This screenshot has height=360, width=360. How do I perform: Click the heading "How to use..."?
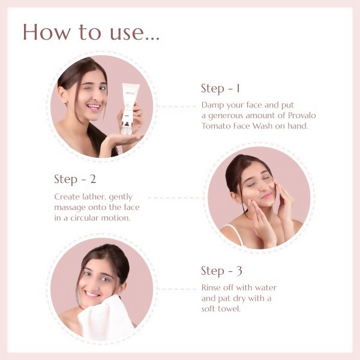(91, 32)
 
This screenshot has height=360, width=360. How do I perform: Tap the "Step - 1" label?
(220, 89)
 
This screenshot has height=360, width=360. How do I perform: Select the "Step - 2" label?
(75, 179)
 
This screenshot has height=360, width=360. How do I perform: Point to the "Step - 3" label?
(221, 271)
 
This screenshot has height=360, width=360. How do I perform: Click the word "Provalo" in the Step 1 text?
(302, 115)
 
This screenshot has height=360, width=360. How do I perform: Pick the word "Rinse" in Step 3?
(211, 287)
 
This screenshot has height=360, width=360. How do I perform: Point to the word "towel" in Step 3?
(229, 309)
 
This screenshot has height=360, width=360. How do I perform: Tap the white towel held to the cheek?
(106, 318)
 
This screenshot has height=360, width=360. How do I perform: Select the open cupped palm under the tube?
(123, 139)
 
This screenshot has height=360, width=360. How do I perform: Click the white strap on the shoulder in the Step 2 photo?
(235, 233)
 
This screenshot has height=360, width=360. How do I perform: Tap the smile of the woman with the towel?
(92, 295)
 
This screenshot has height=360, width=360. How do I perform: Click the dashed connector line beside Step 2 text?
(175, 197)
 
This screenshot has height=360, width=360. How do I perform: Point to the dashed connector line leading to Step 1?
(177, 106)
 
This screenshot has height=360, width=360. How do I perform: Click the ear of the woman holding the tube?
(62, 94)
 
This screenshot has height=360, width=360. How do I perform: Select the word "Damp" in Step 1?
(213, 105)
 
